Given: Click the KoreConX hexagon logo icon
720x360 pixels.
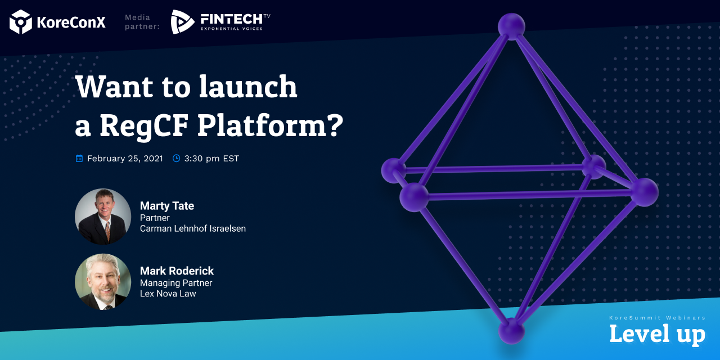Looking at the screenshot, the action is click(x=21, y=22).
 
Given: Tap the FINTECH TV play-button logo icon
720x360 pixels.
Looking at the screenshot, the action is click(x=182, y=22).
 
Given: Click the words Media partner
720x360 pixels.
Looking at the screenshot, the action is click(x=142, y=22).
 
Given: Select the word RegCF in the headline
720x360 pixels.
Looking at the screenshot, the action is click(x=143, y=125).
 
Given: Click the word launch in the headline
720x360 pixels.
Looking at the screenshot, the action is click(x=248, y=86).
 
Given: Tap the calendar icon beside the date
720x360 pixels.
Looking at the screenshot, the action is click(x=79, y=159).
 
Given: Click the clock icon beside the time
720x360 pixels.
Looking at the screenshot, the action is click(x=176, y=159).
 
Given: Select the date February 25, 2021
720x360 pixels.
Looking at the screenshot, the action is click(x=125, y=159).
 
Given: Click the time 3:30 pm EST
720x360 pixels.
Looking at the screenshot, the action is click(x=211, y=159).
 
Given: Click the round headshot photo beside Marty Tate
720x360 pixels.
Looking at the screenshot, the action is click(x=103, y=217).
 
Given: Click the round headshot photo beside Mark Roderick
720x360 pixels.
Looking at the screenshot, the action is click(x=103, y=282).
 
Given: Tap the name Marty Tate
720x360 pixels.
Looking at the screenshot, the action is click(x=167, y=206).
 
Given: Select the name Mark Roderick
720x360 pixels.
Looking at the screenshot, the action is click(x=177, y=271).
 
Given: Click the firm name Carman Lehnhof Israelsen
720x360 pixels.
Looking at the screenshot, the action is click(x=193, y=228).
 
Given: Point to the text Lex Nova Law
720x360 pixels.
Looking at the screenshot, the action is click(x=168, y=294).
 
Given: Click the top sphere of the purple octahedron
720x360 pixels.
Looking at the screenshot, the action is click(x=511, y=26).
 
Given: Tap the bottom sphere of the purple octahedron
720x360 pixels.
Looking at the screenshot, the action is click(x=511, y=331).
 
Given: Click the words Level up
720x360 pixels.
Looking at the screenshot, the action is click(x=658, y=335).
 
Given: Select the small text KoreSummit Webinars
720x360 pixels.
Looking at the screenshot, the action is click(x=658, y=318).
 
